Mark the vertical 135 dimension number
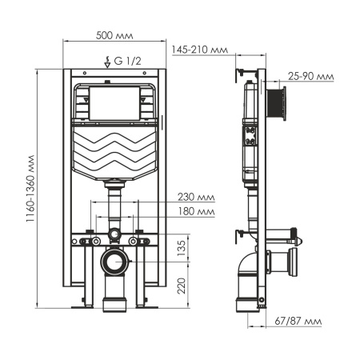[182, 248]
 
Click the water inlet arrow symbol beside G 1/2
[109, 59]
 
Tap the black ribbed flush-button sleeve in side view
[278, 102]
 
